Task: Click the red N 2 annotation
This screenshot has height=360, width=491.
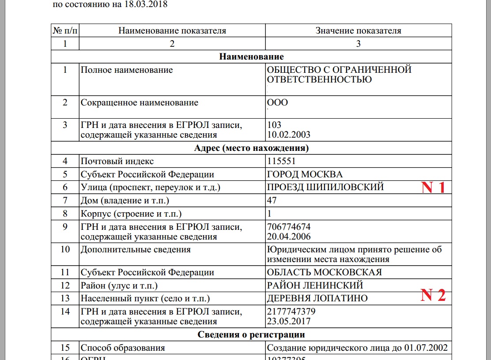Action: [x=433, y=295]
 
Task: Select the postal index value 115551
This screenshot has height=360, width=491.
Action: [x=281, y=161]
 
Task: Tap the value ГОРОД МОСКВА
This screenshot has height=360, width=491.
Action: [x=305, y=174]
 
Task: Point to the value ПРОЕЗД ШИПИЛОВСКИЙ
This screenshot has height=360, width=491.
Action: [x=325, y=187]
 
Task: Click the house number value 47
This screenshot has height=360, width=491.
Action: [x=272, y=201]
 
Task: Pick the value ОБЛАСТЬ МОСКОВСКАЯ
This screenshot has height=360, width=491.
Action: [x=325, y=272]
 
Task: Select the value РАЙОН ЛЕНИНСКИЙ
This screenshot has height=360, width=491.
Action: [x=315, y=285]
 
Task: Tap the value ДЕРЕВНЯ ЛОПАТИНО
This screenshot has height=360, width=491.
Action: [x=317, y=298]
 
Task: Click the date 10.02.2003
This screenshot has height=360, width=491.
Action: [x=289, y=134]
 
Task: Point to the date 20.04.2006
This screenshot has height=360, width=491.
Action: [x=289, y=236]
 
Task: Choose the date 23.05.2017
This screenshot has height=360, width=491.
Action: [x=289, y=321]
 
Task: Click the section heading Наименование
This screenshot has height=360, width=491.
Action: [x=251, y=56]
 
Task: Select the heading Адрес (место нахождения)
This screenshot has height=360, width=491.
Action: [x=251, y=148]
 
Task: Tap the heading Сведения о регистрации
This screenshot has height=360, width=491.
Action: [x=251, y=334]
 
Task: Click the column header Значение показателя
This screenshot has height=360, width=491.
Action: [x=358, y=30]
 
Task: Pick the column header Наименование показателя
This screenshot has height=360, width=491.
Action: [x=172, y=30]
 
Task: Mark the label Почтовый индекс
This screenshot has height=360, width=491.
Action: [x=117, y=161]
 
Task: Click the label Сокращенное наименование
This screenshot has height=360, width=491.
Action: [x=139, y=103]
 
